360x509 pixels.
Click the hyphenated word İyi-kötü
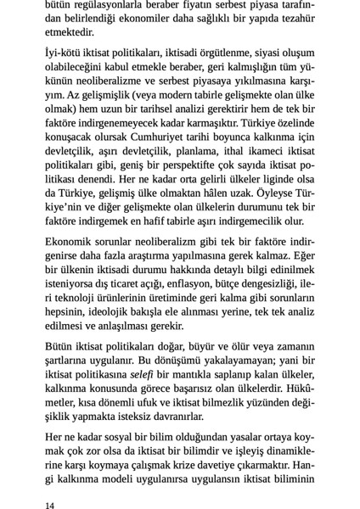67,53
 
